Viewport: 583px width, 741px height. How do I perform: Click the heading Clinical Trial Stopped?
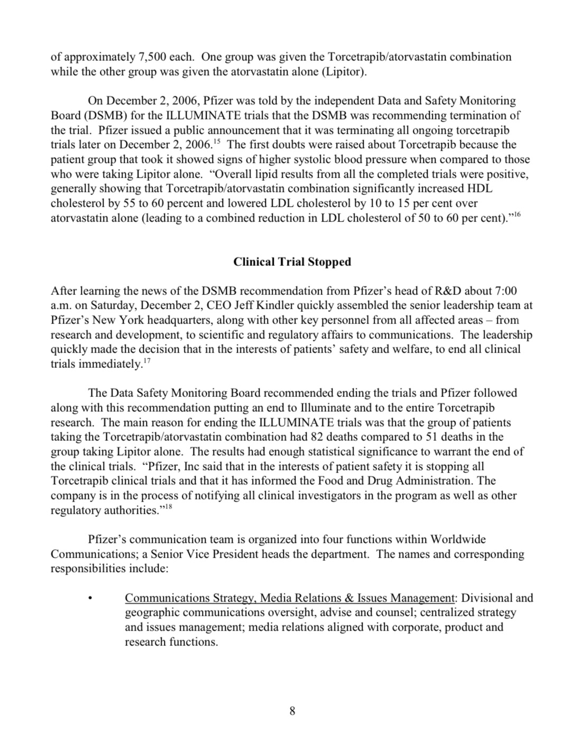click(x=292, y=262)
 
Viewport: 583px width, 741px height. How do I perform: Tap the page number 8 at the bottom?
click(x=292, y=711)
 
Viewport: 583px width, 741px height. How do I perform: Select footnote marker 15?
click(x=216, y=142)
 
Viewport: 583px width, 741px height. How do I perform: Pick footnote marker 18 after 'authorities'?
click(x=169, y=507)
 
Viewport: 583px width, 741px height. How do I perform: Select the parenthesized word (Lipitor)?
click(x=344, y=71)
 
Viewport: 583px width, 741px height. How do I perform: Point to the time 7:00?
click(x=506, y=291)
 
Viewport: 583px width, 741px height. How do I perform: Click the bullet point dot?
click(x=91, y=599)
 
